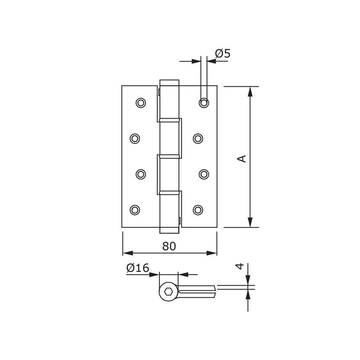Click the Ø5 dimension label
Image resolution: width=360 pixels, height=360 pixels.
[x=222, y=53]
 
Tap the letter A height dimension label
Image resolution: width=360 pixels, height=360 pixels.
[x=242, y=158]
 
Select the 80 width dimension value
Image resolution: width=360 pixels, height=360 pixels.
[x=169, y=246]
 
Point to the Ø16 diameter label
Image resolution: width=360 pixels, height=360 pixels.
[x=137, y=267]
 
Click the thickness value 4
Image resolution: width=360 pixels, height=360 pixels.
[x=239, y=267]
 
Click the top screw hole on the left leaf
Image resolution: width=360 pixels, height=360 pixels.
[x=140, y=103]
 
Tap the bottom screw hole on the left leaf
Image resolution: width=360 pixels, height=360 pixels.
[x=135, y=209]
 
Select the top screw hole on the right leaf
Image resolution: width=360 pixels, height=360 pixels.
[x=204, y=103]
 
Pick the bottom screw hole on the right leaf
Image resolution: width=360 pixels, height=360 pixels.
[x=199, y=209]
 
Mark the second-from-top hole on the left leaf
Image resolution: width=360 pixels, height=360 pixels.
[x=135, y=138]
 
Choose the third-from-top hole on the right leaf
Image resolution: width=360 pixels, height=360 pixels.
[x=204, y=174]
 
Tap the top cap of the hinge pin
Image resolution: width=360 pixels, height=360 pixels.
[x=169, y=83]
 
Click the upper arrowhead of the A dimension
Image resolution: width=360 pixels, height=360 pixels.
[x=250, y=92]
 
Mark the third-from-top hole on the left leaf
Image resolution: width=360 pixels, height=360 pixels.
[x=140, y=174]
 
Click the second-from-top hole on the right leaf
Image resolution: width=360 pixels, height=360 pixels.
[x=199, y=138]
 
